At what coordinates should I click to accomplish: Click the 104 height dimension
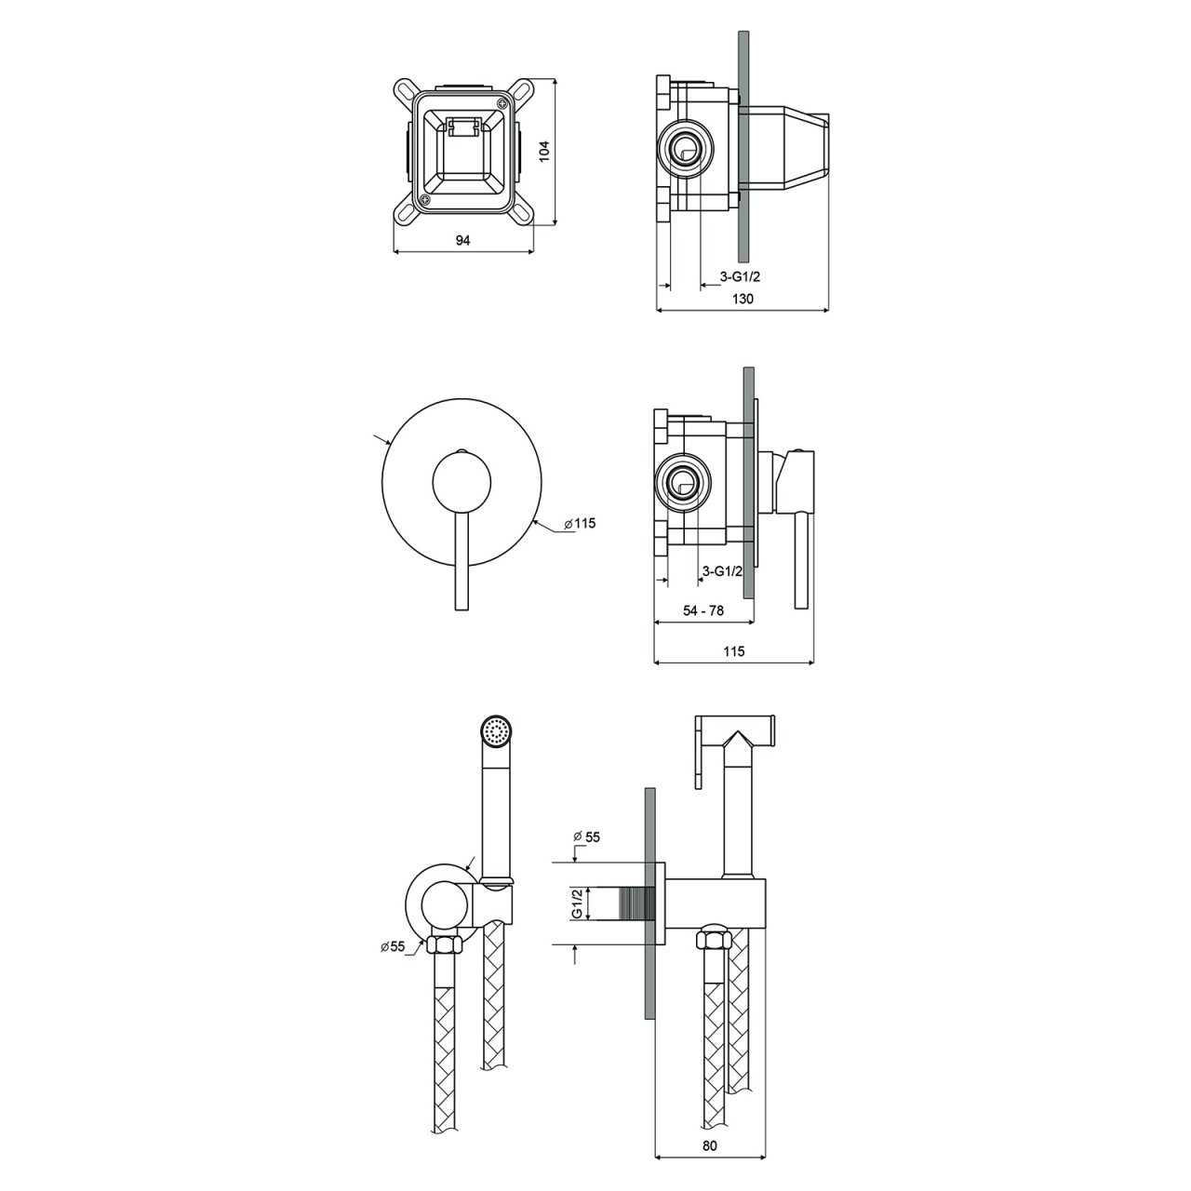[546, 152]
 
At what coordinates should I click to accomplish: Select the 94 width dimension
[462, 240]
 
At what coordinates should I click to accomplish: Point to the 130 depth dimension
[743, 299]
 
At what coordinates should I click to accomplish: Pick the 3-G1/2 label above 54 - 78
[722, 570]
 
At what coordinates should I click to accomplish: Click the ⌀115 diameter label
[579, 524]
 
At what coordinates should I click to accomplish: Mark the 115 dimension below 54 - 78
[733, 651]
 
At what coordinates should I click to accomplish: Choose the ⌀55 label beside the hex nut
[393, 947]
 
